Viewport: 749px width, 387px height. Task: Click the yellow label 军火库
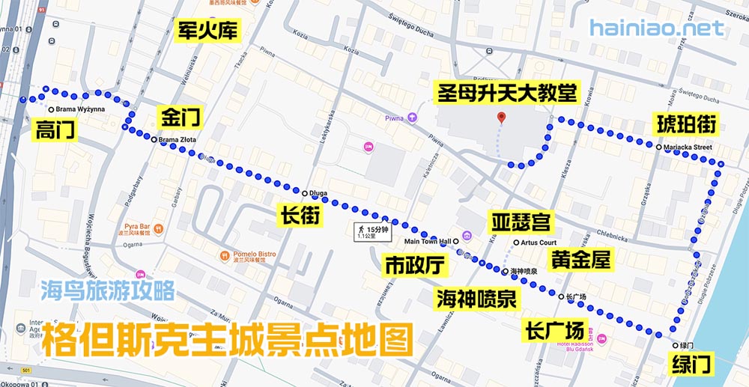click(x=207, y=30)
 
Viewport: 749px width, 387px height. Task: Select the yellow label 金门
click(x=180, y=118)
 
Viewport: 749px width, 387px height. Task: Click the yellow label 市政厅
click(x=415, y=265)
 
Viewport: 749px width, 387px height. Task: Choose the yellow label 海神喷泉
click(x=476, y=299)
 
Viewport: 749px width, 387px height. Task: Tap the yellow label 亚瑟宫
click(x=521, y=222)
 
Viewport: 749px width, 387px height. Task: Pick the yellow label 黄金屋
click(x=580, y=260)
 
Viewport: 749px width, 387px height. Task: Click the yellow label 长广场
click(x=555, y=329)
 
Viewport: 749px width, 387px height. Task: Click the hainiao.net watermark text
click(x=656, y=28)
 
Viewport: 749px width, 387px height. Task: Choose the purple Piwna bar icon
click(x=411, y=118)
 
